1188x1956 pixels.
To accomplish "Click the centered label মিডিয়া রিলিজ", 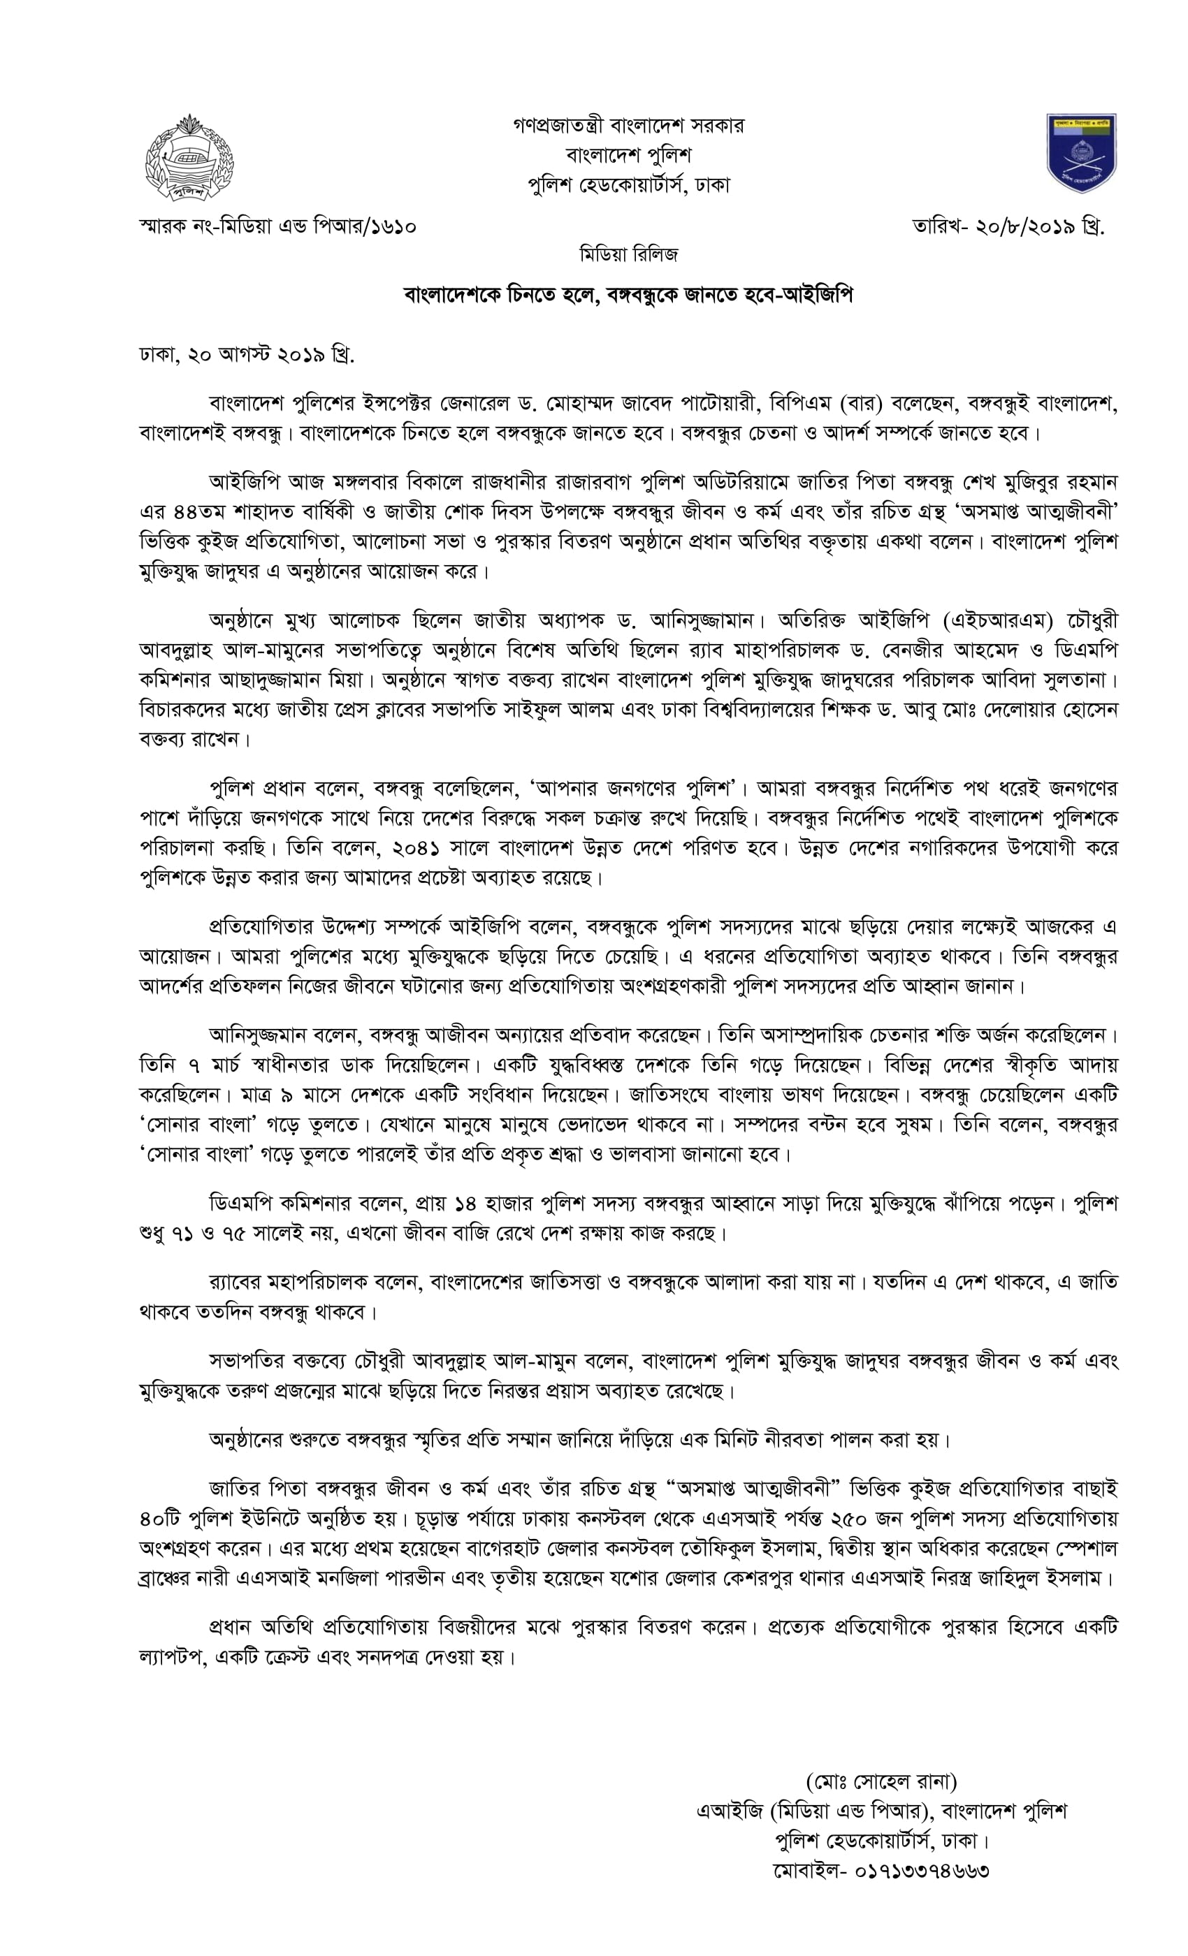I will tap(628, 255).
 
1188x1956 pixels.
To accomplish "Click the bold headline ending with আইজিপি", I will tap(628, 295).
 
